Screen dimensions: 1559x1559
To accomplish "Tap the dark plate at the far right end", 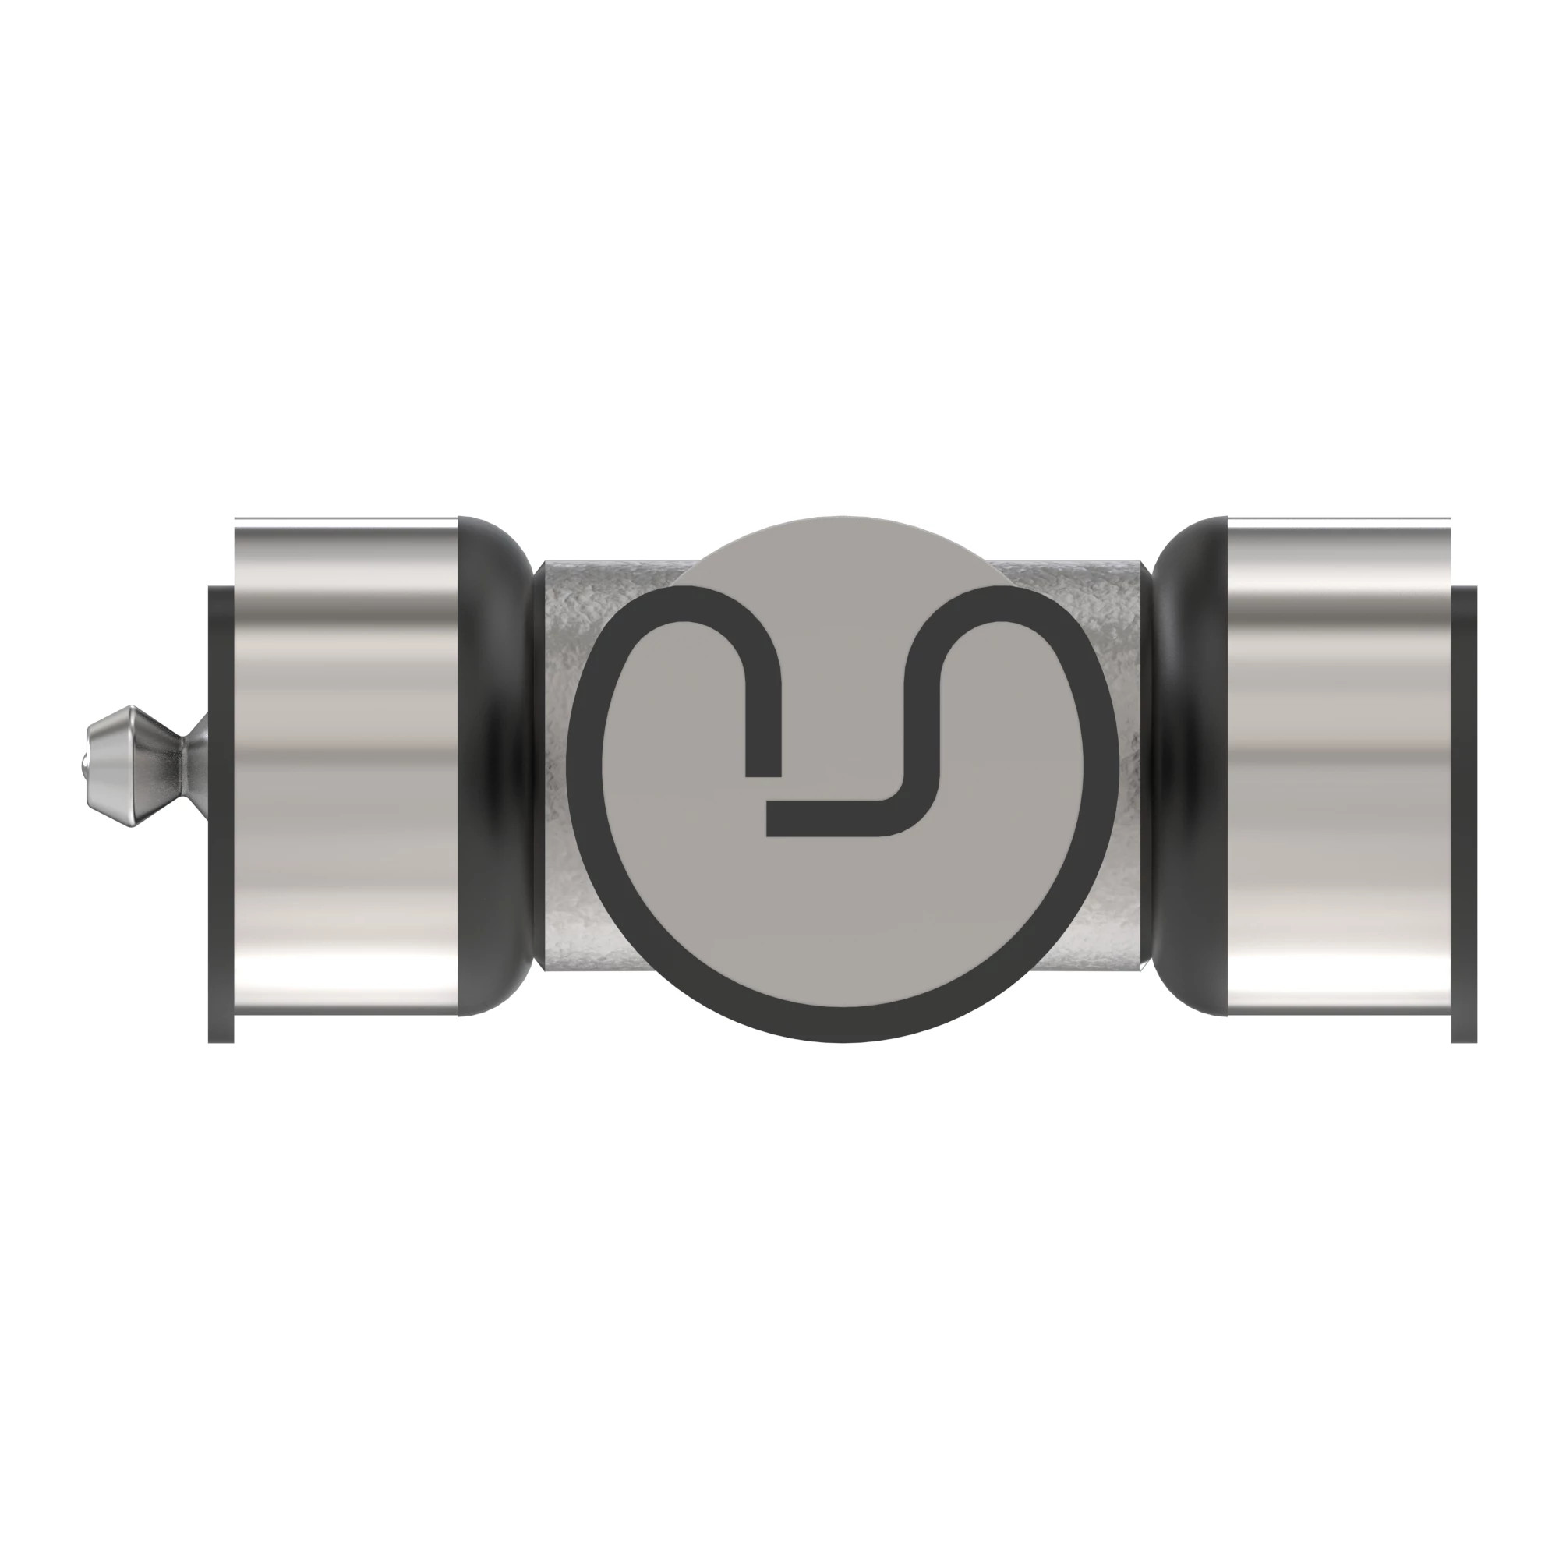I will coord(1465,807).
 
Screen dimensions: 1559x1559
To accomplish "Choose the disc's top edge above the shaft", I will coord(843,518).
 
